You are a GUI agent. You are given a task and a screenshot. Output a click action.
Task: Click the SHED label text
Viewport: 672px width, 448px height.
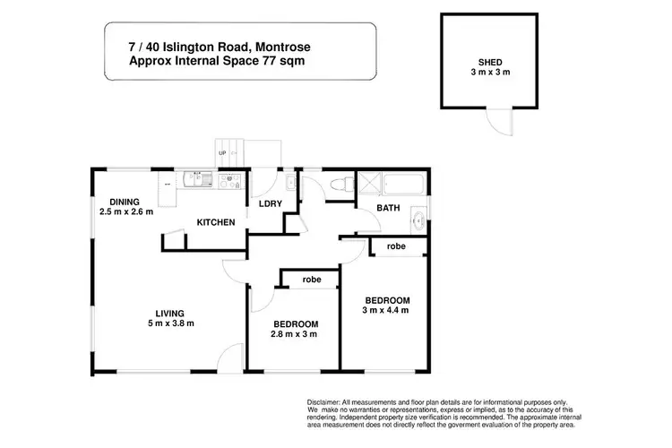[x=489, y=64]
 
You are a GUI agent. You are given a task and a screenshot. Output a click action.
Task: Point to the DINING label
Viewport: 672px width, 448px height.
[x=126, y=202]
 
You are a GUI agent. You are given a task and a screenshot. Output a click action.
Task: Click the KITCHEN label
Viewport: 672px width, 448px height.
[x=216, y=222]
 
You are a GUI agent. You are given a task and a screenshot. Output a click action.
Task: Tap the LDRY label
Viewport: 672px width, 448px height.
[x=271, y=204]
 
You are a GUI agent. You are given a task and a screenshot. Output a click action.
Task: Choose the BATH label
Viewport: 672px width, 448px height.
[x=388, y=208]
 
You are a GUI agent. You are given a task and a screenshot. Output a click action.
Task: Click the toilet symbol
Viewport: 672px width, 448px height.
[x=338, y=185]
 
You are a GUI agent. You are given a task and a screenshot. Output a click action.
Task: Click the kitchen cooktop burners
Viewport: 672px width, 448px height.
[x=230, y=180]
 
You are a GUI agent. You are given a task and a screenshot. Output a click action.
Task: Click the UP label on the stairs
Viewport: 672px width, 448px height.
[x=222, y=153]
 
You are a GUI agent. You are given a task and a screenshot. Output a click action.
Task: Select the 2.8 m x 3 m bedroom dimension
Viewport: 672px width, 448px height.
[x=294, y=334]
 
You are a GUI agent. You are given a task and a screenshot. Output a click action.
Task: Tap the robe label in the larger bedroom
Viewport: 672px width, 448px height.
[x=396, y=246]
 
